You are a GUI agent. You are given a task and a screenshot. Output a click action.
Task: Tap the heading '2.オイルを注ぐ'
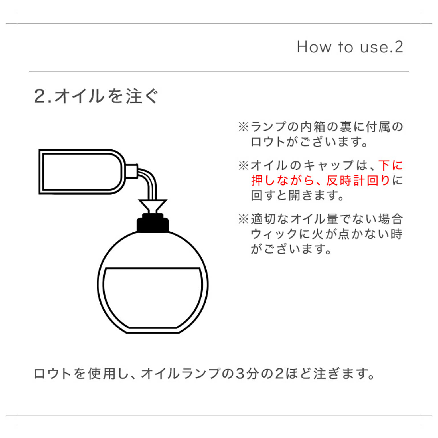point(96,96)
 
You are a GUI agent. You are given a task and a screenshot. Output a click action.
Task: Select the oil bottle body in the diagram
point(82,172)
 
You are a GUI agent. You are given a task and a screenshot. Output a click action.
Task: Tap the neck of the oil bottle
point(132,171)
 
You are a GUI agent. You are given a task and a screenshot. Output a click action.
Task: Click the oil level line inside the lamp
point(153,268)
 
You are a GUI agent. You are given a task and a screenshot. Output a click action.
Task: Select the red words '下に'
point(391,165)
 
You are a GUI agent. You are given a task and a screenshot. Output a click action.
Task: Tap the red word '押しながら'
point(283,180)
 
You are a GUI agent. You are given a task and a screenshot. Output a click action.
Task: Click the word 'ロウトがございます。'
point(309,142)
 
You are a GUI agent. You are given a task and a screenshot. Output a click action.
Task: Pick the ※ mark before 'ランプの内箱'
point(244,127)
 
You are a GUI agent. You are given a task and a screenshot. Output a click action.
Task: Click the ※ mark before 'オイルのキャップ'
point(244,165)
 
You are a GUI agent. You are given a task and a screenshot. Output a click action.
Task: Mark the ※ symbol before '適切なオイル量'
point(244,219)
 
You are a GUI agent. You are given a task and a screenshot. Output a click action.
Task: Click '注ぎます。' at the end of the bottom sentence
point(344,373)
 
